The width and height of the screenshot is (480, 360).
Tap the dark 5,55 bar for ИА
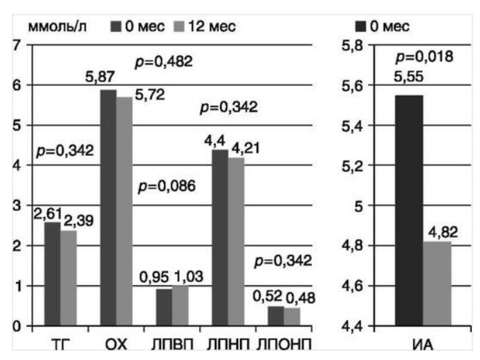(409, 210)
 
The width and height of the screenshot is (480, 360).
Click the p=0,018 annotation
(424, 57)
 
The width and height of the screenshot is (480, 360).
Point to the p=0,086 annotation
(167, 186)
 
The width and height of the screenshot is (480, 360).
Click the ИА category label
(424, 343)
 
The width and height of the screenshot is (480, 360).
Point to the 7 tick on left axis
(15, 46)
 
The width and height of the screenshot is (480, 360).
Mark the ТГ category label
(57, 343)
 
